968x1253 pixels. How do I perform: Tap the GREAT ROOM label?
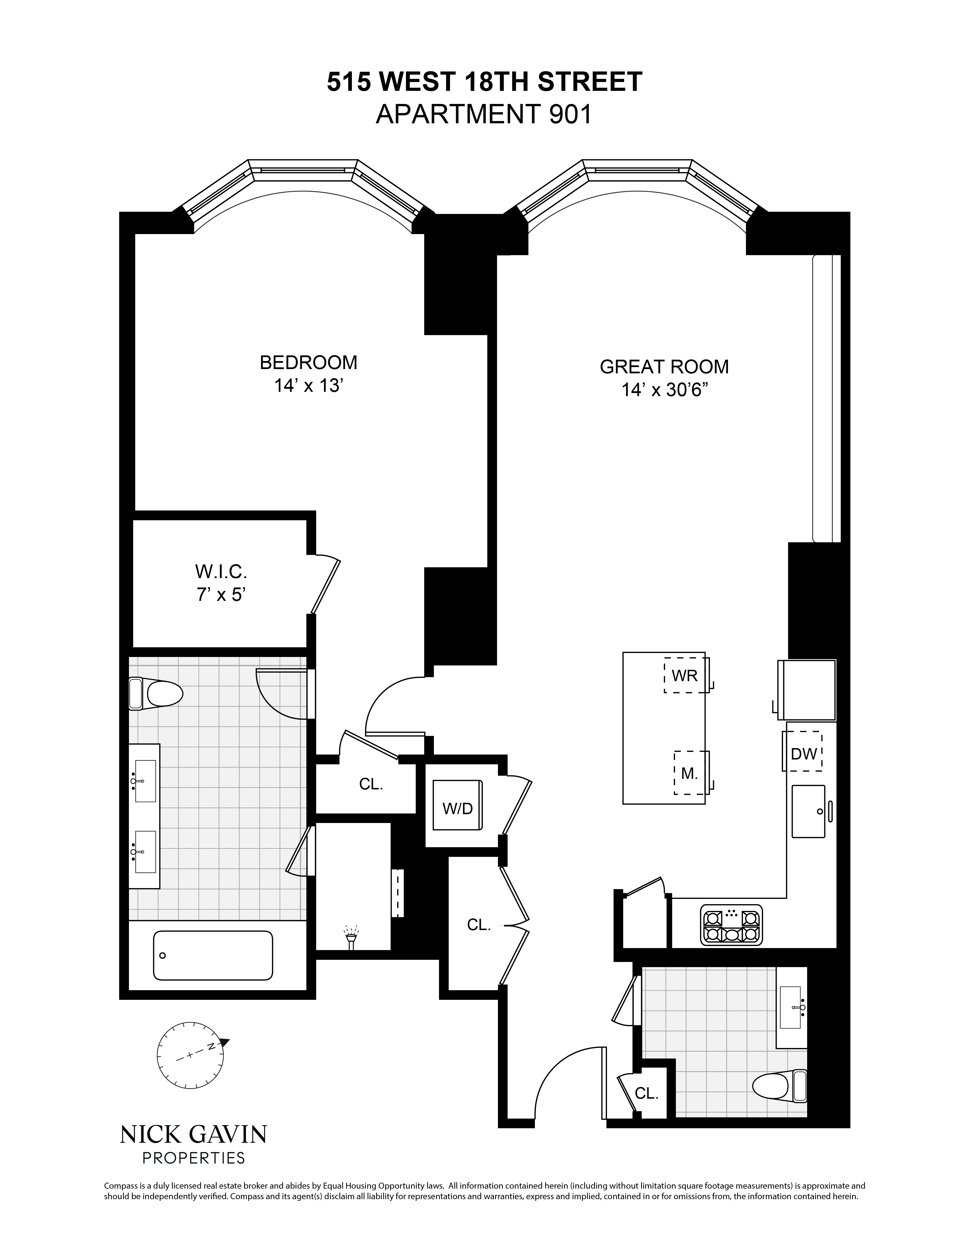click(664, 367)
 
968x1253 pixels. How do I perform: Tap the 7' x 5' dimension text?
click(221, 595)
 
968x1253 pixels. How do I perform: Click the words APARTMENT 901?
click(483, 115)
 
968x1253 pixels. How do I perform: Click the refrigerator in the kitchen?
click(807, 690)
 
